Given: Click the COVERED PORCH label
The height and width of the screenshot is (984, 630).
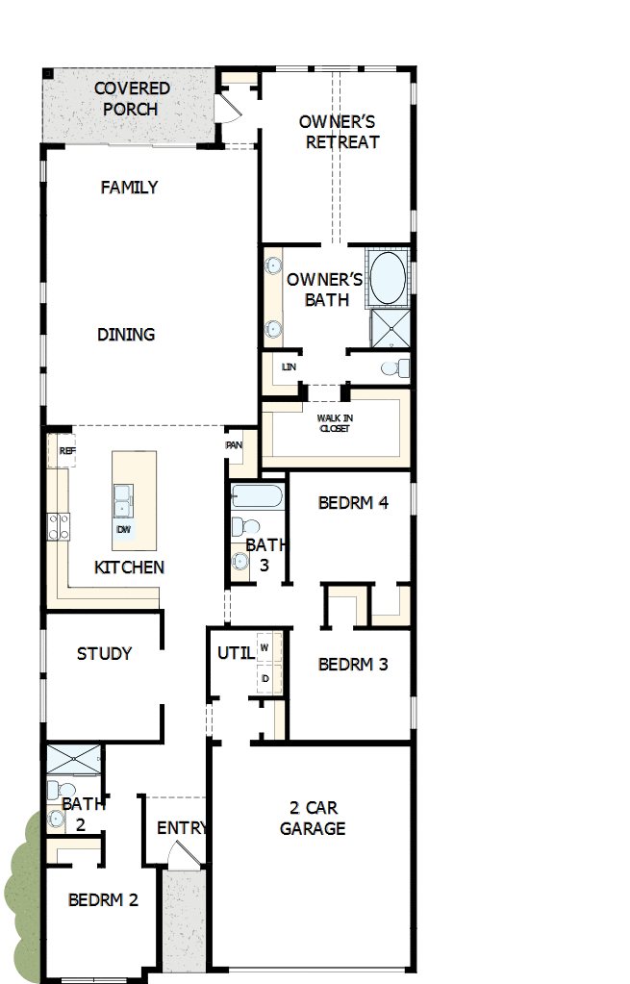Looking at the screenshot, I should pos(132,98).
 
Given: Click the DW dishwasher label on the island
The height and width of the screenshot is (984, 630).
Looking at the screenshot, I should pos(123,530).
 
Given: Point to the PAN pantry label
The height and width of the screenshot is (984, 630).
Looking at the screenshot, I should pos(234,445).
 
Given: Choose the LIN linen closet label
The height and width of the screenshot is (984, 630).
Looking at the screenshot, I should pos(288,367).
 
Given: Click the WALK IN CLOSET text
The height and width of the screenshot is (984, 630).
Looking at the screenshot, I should pos(334,422).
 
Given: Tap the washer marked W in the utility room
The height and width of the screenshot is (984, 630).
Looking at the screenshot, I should pos(265,648).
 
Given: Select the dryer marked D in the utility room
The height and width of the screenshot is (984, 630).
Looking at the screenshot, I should pos(265,678).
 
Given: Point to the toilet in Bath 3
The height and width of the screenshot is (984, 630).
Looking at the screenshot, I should pos(248,527).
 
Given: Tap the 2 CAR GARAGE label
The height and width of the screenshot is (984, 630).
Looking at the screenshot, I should pos(313,818).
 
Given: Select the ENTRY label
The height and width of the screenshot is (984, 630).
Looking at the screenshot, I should pos(182,828).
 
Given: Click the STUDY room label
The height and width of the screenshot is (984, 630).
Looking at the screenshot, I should pos(104,654).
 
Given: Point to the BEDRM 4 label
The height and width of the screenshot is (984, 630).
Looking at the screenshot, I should pos(353,502).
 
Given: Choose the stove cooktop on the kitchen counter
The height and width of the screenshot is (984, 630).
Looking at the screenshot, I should pos(58,525).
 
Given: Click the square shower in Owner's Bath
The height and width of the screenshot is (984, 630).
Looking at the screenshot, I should pos(391,328).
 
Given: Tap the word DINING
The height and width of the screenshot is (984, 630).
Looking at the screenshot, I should pos(126,335).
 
